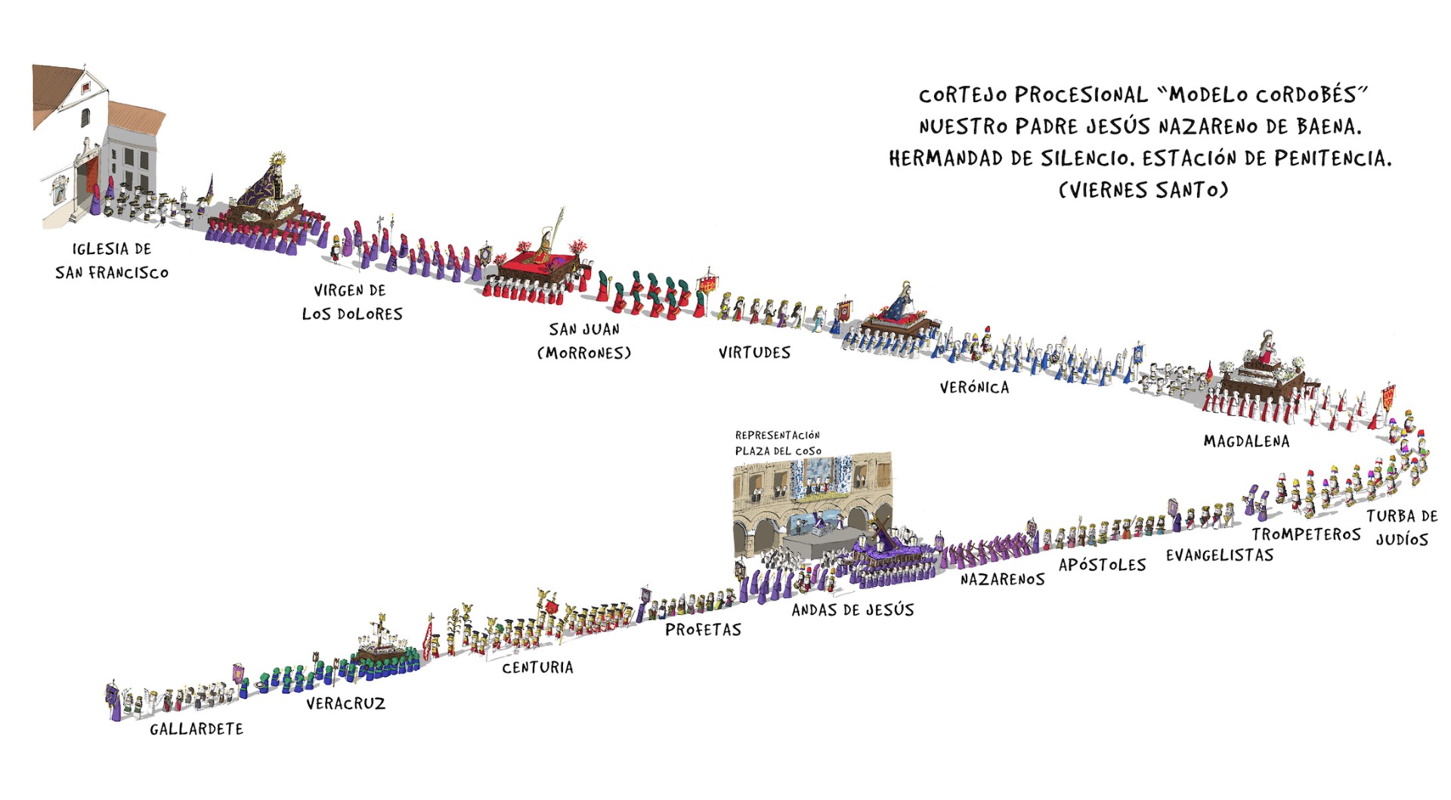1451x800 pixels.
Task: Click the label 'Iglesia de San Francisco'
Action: (112, 260)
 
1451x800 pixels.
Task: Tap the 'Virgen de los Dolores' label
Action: (352, 302)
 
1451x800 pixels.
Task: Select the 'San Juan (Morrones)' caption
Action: (584, 340)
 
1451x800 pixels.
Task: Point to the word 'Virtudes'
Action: (754, 352)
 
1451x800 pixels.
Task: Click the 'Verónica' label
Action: (974, 388)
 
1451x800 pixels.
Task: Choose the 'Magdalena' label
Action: (1246, 441)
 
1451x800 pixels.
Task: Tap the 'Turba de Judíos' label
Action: (1402, 527)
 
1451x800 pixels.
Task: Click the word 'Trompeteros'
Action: (1306, 535)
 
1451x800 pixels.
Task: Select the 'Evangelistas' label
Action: (1219, 556)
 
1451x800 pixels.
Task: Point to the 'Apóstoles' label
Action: (1102, 565)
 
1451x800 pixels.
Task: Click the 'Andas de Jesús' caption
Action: (852, 610)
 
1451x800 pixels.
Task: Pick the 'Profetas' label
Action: (703, 630)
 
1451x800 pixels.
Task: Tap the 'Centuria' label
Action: (537, 668)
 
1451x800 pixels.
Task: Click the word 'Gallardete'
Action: (196, 729)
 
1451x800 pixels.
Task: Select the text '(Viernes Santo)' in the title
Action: (1143, 189)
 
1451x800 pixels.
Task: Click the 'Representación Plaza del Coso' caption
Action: (778, 443)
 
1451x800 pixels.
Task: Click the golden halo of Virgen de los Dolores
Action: (279, 160)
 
